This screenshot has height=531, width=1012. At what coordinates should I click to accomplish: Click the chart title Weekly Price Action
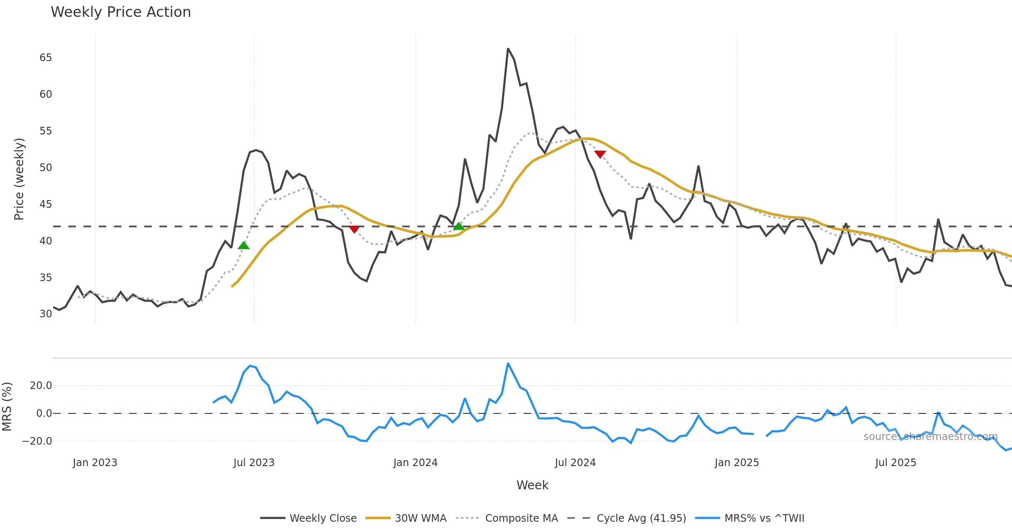tap(121, 12)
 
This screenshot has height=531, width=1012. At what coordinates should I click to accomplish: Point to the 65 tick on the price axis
tap(46, 58)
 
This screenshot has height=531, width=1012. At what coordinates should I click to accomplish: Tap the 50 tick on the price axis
tap(46, 168)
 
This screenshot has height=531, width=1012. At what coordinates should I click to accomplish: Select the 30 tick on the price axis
tap(46, 314)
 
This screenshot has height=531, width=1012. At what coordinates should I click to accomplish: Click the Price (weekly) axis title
tap(19, 179)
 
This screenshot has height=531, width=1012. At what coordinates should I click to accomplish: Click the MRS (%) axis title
tap(7, 407)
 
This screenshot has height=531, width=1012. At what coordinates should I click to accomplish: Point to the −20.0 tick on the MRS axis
tap(37, 441)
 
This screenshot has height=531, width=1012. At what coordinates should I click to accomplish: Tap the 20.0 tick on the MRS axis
tap(41, 386)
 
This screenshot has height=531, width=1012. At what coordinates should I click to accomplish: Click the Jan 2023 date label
tap(95, 463)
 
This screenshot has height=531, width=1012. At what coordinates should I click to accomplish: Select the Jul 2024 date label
tap(575, 463)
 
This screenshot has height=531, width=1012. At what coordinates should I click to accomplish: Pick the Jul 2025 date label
tap(896, 463)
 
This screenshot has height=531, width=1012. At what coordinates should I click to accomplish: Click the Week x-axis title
tap(532, 485)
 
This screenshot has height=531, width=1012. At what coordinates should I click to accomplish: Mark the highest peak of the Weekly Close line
tap(508, 49)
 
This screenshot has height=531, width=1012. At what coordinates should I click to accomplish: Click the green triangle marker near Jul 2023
tap(244, 246)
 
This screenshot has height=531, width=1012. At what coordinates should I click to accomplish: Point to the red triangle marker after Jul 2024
tap(600, 154)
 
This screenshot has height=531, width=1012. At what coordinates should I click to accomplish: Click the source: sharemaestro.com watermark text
tap(930, 437)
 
